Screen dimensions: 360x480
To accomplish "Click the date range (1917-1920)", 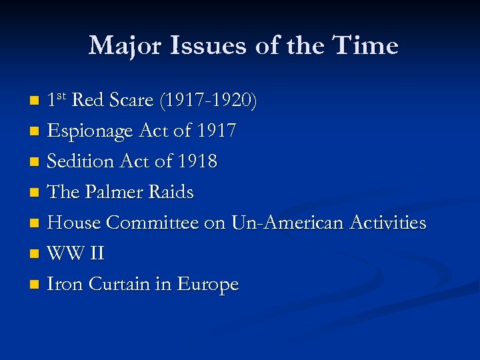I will pos(208,101).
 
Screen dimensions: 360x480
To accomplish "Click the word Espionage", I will pos(90,131).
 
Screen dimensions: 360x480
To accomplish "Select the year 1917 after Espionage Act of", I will pos(216,131).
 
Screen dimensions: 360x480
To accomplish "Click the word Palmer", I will pos(117,193).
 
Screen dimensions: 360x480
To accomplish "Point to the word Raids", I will pos(172,193).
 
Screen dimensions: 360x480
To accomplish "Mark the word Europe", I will pos(207,285).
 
